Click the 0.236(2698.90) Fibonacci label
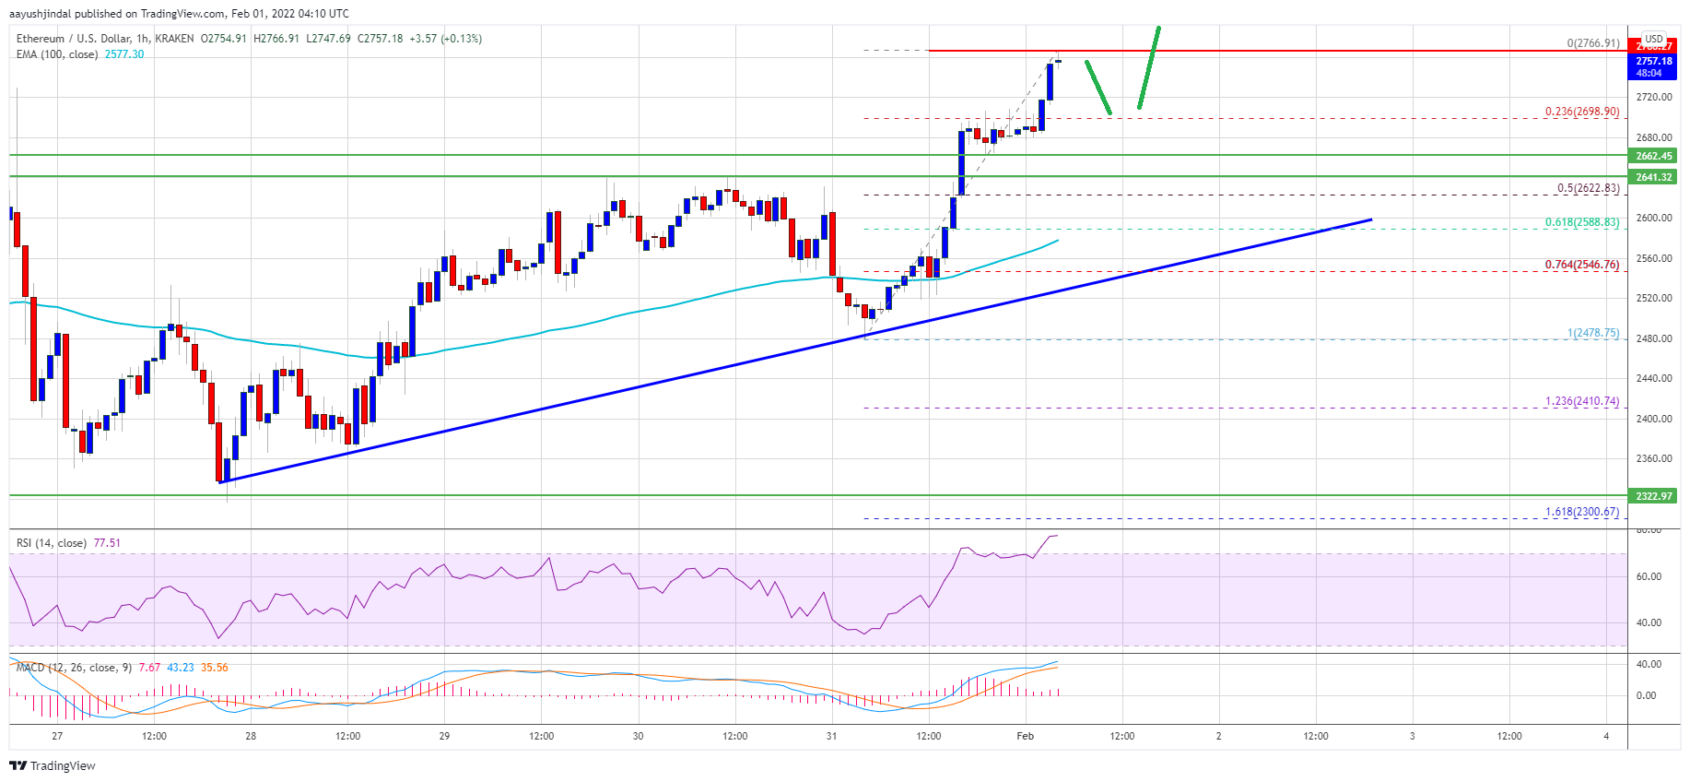pyautogui.click(x=1581, y=112)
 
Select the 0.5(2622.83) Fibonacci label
pyautogui.click(x=1588, y=188)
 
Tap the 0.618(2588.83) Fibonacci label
pyautogui.click(x=1581, y=222)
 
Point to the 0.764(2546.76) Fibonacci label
pyautogui.click(x=1581, y=265)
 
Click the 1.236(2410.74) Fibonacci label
pyautogui.click(x=1581, y=401)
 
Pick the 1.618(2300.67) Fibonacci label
pyautogui.click(x=1581, y=512)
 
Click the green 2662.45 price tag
pyautogui.click(x=1653, y=156)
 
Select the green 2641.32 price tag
pyautogui.click(x=1653, y=177)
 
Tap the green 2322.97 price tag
pyautogui.click(x=1653, y=496)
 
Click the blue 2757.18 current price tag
pyautogui.click(x=1653, y=62)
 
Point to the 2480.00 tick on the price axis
pyautogui.click(x=1653, y=338)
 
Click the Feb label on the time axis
pyautogui.click(x=1025, y=736)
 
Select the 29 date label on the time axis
pyautogui.click(x=444, y=736)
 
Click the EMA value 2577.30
pyautogui.click(x=124, y=54)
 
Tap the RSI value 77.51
pyautogui.click(x=107, y=543)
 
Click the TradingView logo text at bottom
pyautogui.click(x=53, y=765)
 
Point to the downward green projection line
pyautogui.click(x=1097, y=87)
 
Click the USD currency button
pyautogui.click(x=1653, y=39)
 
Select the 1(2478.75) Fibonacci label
pyautogui.click(x=1593, y=333)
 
